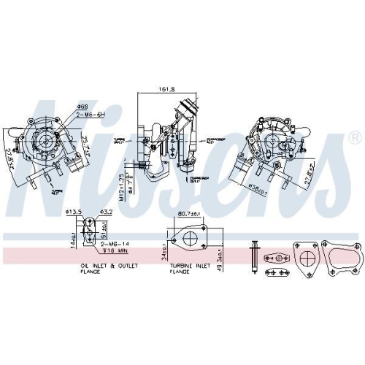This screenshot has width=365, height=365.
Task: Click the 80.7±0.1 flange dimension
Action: pyautogui.click(x=189, y=215)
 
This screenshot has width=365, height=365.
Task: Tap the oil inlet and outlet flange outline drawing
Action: pyautogui.click(x=86, y=234)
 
